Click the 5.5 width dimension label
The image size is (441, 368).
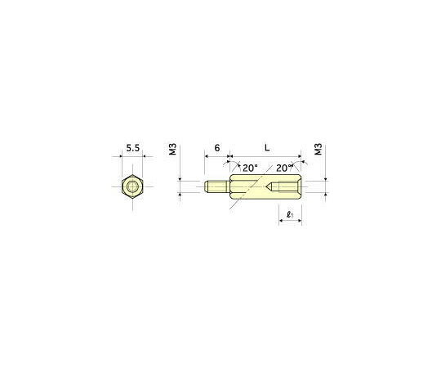(x=132, y=149)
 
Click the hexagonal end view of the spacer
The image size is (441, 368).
(x=132, y=187)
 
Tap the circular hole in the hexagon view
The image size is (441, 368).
(x=132, y=187)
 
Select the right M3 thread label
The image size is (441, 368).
(x=318, y=150)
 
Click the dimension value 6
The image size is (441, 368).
(x=217, y=149)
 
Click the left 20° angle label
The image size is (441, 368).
(x=251, y=168)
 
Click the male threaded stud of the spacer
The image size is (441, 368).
(x=217, y=187)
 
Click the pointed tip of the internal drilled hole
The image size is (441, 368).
(x=268, y=187)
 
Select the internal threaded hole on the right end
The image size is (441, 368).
(x=289, y=187)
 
